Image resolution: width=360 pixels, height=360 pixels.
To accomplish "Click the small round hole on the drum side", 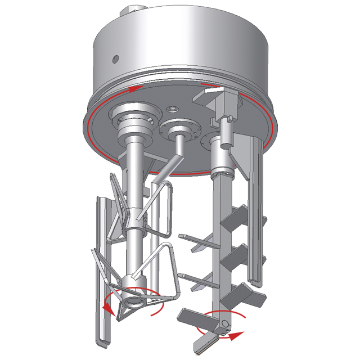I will click(115, 58).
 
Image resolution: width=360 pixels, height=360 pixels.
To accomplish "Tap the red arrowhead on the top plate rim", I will click(133, 88).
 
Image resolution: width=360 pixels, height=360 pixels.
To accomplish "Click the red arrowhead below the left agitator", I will click(107, 307).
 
